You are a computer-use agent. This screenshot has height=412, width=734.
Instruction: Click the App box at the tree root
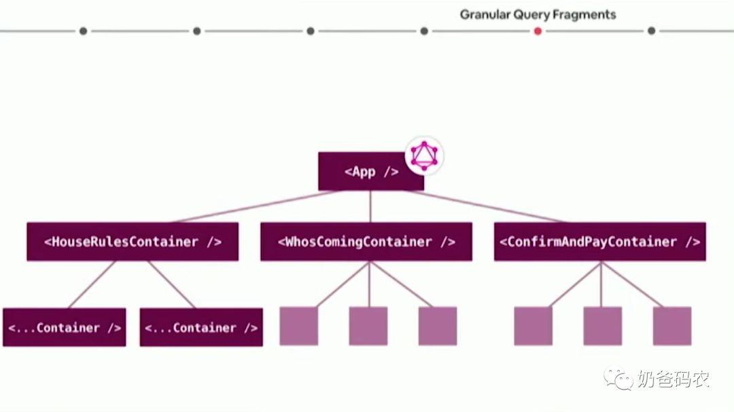point(370,171)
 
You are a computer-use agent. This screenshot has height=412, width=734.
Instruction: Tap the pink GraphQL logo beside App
point(424,155)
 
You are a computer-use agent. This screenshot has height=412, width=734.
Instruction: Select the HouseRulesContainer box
point(133,242)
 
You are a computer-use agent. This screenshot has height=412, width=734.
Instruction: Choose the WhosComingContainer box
point(366,242)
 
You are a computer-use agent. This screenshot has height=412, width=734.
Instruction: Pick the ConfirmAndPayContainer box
point(599,242)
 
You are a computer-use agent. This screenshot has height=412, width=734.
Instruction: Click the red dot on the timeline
point(538,31)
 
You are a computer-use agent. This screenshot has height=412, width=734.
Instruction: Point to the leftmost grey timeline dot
point(83,31)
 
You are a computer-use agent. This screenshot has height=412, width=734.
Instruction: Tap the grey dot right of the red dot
point(651,31)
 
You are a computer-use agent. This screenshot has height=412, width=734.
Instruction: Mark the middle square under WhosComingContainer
point(368,326)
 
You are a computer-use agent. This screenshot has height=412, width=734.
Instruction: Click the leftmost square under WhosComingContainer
point(299,326)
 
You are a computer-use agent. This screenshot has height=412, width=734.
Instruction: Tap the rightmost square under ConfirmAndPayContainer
point(671,326)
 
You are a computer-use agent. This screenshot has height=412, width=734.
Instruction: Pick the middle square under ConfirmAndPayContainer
point(602,326)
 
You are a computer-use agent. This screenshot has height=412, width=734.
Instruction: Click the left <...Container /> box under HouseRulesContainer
point(65,327)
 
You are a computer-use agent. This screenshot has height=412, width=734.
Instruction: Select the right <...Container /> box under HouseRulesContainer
point(201,327)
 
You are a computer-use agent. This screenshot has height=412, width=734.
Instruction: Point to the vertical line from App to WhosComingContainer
point(370,206)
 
